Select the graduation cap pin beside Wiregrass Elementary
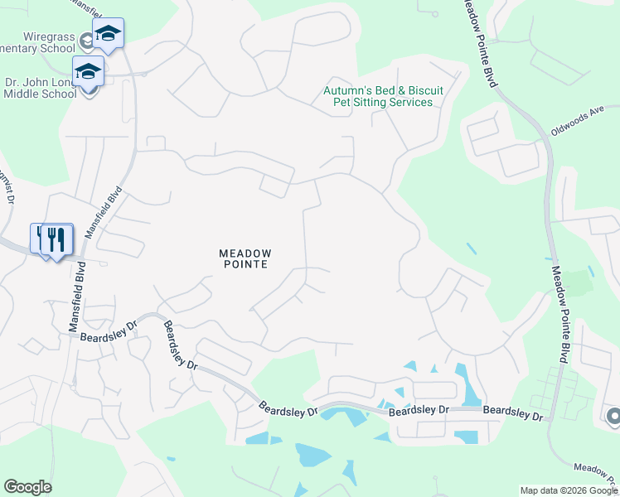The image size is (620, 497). (x=107, y=33)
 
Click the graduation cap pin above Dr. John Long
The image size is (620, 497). (x=88, y=71)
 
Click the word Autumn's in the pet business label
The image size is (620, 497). (x=348, y=90)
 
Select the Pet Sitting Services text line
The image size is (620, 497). (x=382, y=102)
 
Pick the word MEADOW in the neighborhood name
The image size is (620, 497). (x=245, y=253)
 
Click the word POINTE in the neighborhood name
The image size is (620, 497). (x=245, y=264)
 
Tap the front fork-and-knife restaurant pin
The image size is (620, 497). (x=56, y=239)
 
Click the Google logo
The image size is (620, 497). (x=27, y=487)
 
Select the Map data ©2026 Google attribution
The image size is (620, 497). (x=569, y=490)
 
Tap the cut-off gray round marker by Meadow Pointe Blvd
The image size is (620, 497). (x=613, y=415)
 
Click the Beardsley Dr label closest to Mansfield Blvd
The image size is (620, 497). (x=108, y=331)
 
